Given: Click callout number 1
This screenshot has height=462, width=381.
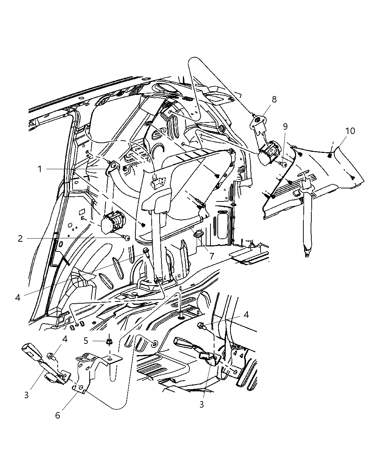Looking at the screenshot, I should [40, 169].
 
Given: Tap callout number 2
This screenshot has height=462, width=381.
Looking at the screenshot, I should [20, 238].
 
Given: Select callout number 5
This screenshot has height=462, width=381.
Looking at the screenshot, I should [86, 341].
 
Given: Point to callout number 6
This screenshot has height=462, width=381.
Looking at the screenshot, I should [58, 415].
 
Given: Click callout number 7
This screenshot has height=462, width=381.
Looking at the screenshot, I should [212, 255].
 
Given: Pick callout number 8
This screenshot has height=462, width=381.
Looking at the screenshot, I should [274, 99].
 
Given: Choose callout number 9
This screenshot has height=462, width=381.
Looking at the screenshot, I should [285, 126].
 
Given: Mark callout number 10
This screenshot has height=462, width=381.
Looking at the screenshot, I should [350, 131].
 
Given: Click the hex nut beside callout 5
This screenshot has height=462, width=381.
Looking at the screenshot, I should [108, 341].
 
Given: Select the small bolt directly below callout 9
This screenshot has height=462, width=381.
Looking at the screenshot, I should [283, 165].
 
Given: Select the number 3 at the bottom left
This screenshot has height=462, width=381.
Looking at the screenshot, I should [26, 395].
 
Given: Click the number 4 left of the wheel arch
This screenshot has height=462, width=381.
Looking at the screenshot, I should [18, 297].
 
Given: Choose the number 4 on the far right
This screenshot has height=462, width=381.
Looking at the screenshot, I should [246, 315].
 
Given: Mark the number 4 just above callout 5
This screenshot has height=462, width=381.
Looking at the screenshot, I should [65, 340].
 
